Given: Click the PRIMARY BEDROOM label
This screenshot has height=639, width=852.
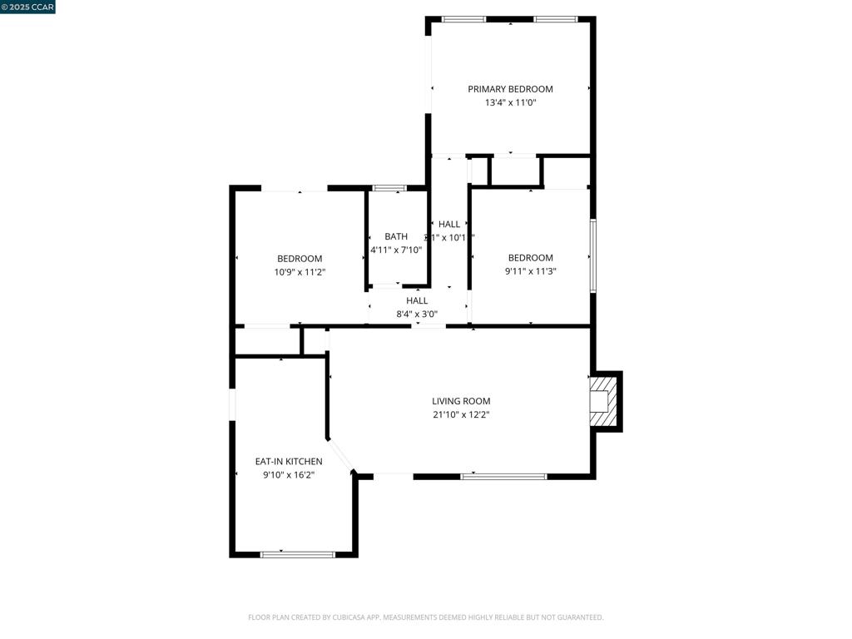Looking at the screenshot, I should tap(510, 89).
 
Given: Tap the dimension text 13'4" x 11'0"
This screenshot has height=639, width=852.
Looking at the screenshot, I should tap(510, 103).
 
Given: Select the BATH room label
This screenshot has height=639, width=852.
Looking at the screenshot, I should tap(396, 237).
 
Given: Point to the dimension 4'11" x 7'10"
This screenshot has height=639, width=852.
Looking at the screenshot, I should tap(396, 250).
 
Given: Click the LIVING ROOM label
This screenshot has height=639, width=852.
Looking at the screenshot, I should tap(461, 401).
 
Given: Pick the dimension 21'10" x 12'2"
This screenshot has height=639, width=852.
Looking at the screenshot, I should tap(461, 414).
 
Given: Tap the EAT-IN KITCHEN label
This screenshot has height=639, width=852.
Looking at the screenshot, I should tap(289, 462).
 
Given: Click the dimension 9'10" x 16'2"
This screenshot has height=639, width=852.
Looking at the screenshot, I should tap(289, 475).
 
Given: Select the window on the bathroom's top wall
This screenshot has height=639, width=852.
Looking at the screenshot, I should tap(389, 188).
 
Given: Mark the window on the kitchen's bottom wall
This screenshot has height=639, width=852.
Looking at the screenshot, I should tap(298, 554).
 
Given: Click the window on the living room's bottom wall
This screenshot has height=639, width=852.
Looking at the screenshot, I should tap(504, 477).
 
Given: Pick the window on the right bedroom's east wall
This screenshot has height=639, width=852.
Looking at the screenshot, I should tap(593, 255).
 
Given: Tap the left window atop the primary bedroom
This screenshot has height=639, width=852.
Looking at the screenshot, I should tap(464, 19).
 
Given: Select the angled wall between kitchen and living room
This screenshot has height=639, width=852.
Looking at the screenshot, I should tap(342, 455).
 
